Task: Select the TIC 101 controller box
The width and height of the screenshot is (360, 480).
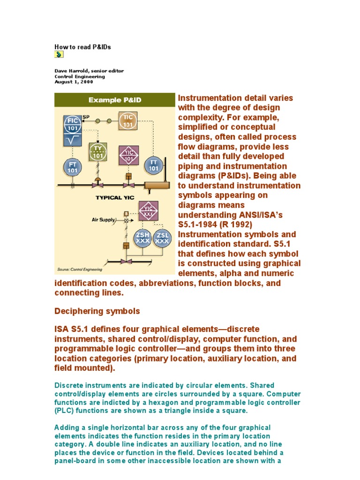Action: click(x=127, y=121)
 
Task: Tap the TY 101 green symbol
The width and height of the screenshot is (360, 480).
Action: click(x=97, y=152)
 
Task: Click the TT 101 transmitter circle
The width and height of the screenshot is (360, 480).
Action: click(x=153, y=164)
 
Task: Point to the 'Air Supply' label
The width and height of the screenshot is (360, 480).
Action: click(x=104, y=219)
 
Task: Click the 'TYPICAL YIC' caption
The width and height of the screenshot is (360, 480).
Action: click(x=115, y=197)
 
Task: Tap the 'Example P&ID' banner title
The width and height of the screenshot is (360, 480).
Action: click(x=115, y=100)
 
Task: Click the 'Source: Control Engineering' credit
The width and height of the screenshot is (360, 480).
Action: click(x=79, y=270)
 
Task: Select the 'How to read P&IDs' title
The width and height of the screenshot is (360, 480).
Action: click(x=82, y=47)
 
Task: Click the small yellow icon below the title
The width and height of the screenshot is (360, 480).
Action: click(x=59, y=55)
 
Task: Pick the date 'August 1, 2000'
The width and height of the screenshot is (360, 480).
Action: click(x=74, y=82)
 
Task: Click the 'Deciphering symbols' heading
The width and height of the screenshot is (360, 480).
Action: click(x=97, y=311)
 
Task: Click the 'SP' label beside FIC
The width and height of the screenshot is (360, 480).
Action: click(x=86, y=116)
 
